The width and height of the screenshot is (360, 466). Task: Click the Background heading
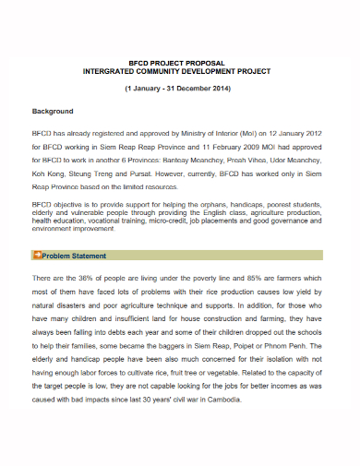point(53,111)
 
